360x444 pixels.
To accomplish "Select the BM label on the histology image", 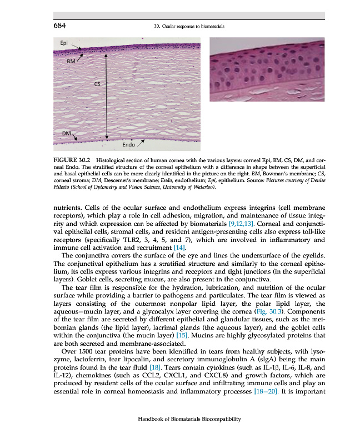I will (71, 60).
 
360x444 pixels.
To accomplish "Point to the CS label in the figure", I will (97, 84).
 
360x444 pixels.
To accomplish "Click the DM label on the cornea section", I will (66, 133).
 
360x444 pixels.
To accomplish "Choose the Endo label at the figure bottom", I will (129, 145).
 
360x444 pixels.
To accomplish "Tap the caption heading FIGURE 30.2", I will (73, 159).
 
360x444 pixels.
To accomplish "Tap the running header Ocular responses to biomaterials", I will (188, 26).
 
